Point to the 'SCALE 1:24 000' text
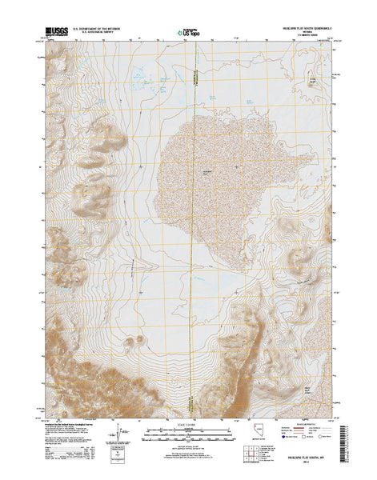tap(188, 424)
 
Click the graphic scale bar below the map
tap(188, 433)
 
